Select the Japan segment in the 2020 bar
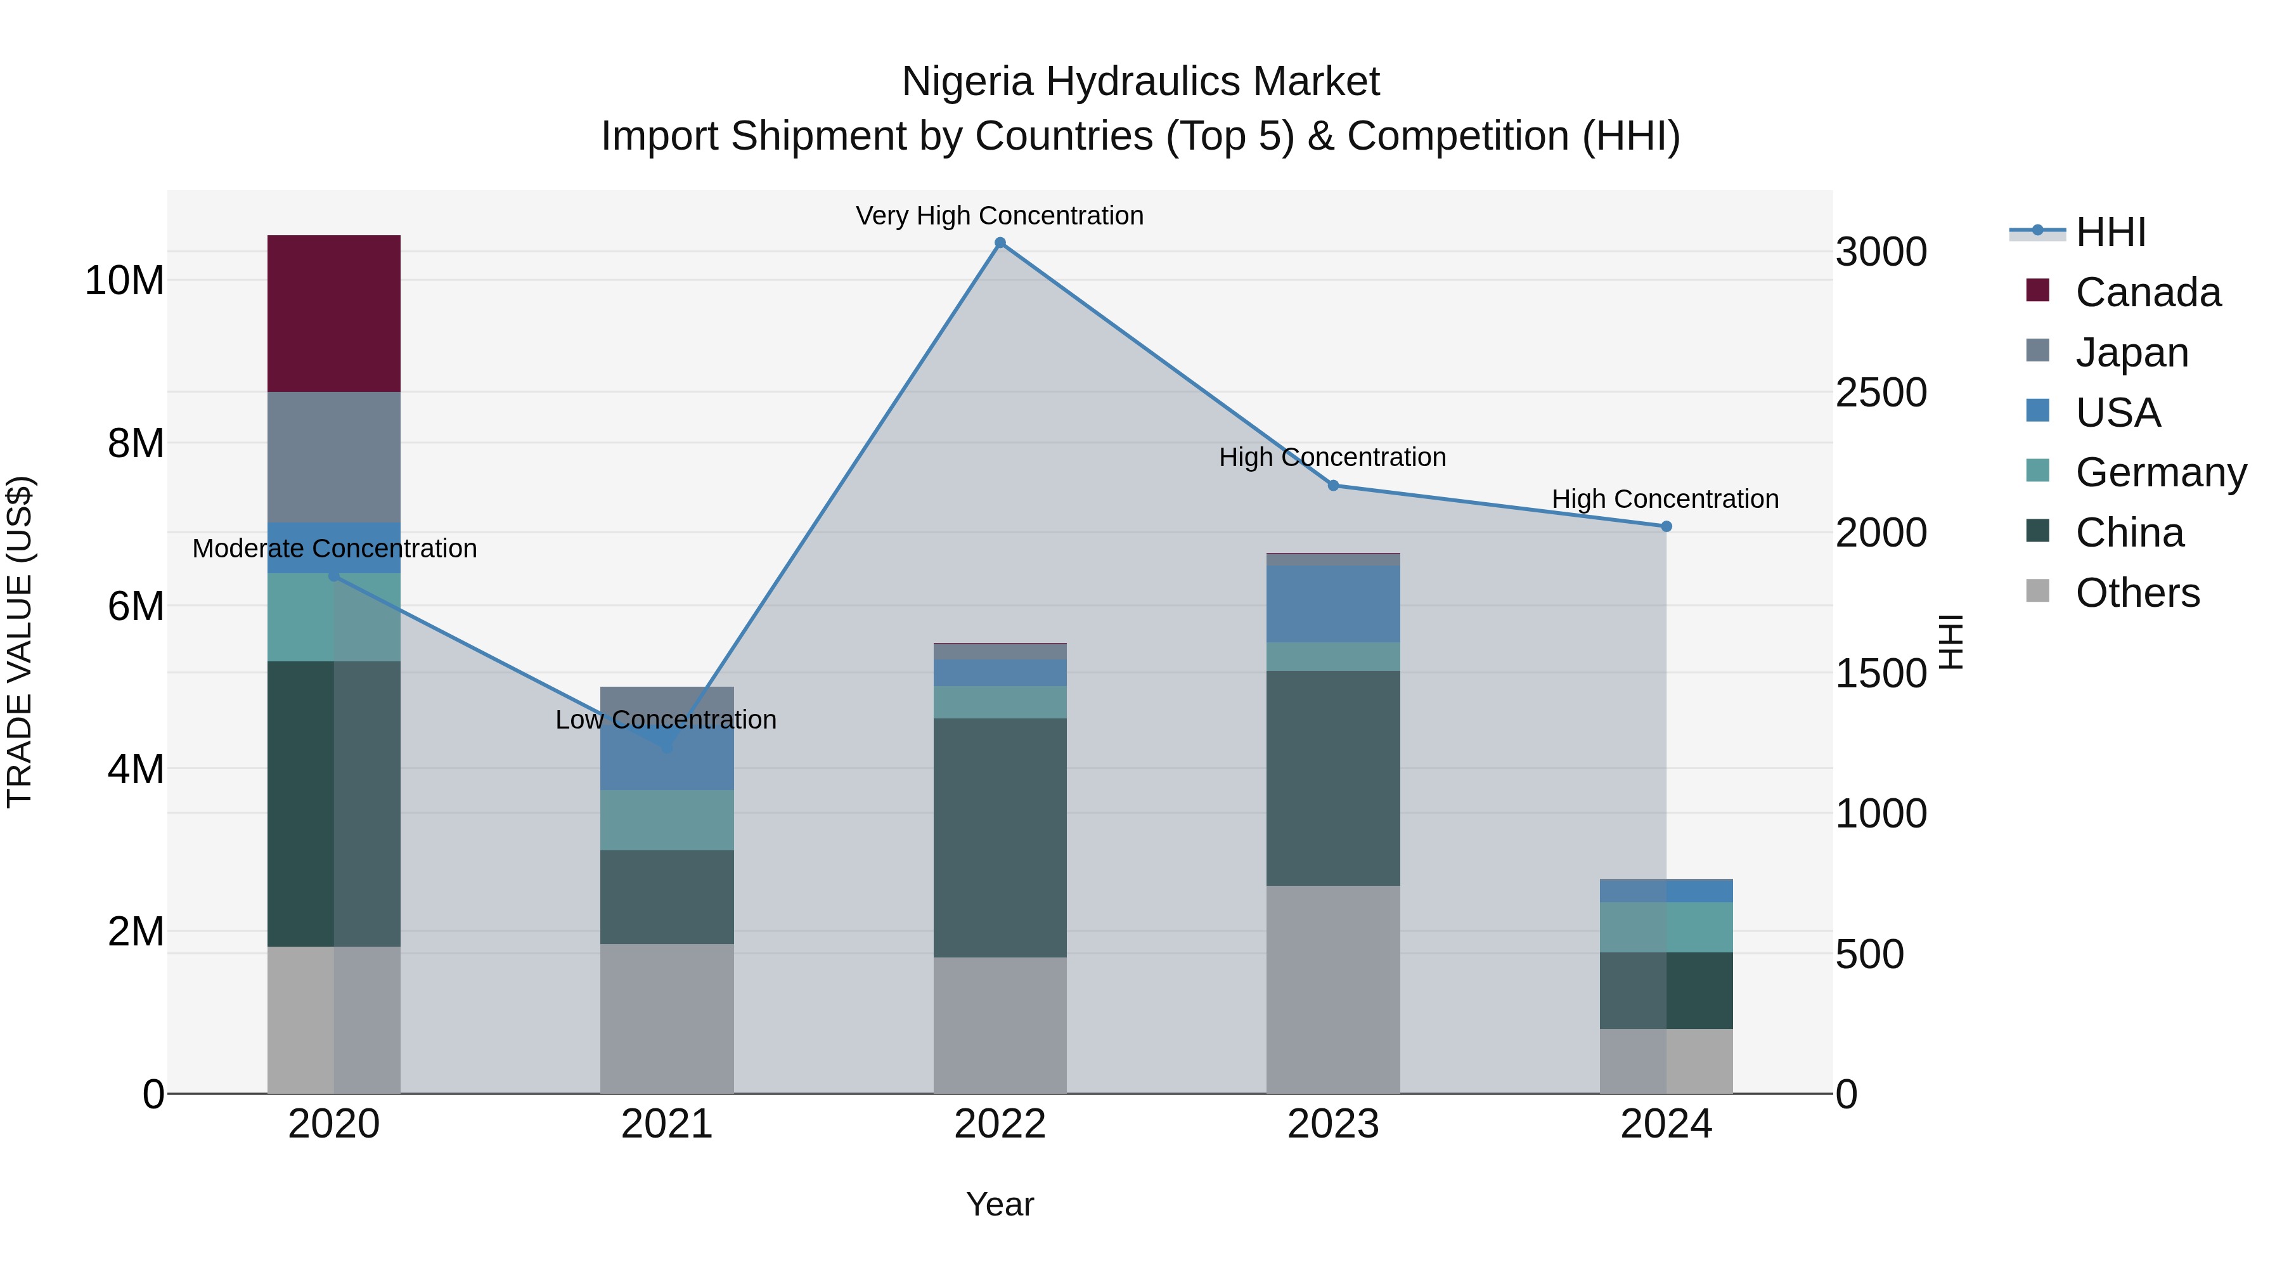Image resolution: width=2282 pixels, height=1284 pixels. coord(334,457)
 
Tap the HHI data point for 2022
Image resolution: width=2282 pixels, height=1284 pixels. coord(1000,243)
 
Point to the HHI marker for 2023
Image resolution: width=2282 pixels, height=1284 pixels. coord(1333,486)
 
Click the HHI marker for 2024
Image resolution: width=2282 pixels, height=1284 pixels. coord(1666,526)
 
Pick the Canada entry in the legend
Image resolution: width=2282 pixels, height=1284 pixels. coord(2148,292)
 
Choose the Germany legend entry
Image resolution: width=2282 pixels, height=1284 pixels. coord(2160,472)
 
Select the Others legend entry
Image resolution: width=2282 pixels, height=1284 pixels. coord(2137,593)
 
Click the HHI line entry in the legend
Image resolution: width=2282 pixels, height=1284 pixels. coord(2110,232)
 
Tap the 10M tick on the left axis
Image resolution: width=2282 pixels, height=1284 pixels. coord(124,281)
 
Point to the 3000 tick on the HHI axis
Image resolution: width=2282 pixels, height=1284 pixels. coord(1881,252)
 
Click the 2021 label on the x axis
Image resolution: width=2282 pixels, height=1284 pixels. coord(667,1124)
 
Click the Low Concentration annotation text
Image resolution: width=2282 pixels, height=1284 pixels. coord(666,720)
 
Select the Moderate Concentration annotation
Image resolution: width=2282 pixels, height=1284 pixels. coord(335,548)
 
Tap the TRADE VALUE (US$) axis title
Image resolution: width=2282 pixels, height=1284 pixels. coord(20,642)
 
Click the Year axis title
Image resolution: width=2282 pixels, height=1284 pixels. coord(1000,1204)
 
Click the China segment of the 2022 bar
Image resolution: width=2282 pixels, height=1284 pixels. coord(1000,838)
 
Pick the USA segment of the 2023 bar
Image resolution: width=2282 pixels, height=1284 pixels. coord(1333,604)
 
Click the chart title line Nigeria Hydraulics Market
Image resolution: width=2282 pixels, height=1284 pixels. coord(1140,82)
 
